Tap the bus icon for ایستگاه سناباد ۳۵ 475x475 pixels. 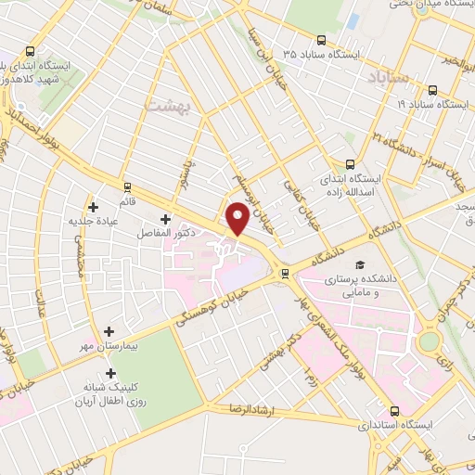tap(321, 40)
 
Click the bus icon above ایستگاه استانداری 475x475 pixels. tap(396, 410)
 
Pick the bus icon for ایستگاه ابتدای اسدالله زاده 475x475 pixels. tap(349, 162)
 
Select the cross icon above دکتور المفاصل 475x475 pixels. tap(165, 220)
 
